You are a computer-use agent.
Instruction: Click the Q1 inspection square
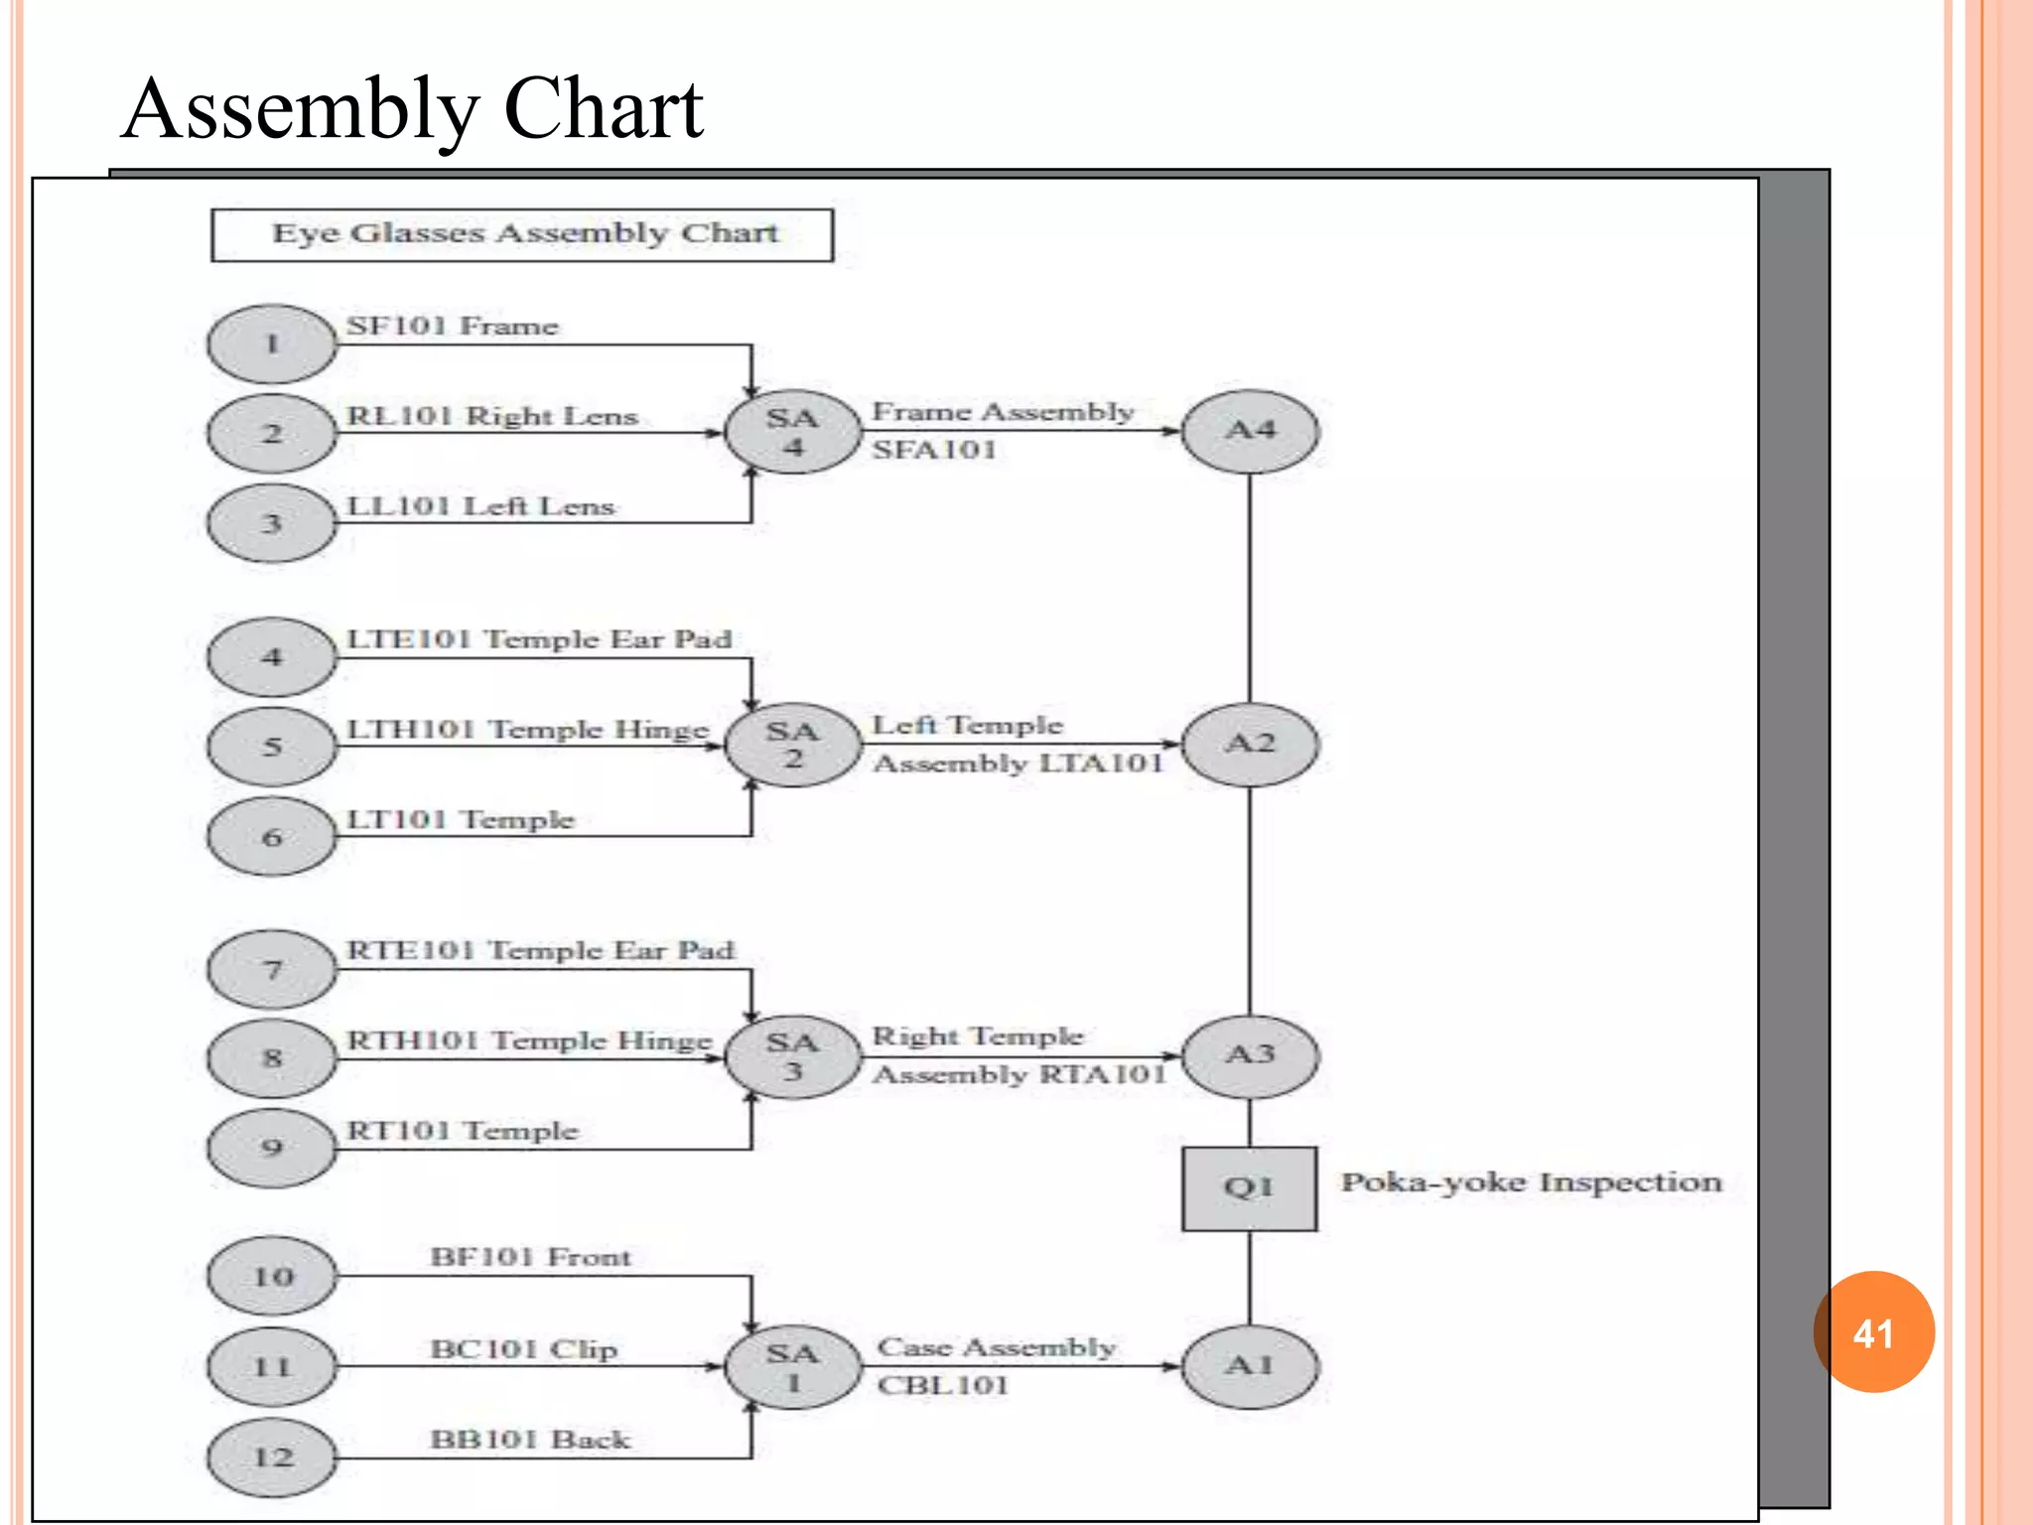coord(1249,1187)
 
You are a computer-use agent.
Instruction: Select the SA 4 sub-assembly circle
coord(792,432)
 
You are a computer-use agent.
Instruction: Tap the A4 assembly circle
coord(1250,431)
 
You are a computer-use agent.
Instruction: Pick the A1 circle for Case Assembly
coord(1250,1366)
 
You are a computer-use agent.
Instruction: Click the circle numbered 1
coord(272,344)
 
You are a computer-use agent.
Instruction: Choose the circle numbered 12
coord(272,1457)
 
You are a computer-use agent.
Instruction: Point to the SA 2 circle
coord(792,745)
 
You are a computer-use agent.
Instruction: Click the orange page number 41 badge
coord(1873,1332)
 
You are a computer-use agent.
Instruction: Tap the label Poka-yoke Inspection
coord(1531,1181)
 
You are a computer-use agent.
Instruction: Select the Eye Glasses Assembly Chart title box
coord(522,234)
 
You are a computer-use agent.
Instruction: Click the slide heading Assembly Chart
coord(412,108)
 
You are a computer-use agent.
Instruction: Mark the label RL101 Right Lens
coord(491,415)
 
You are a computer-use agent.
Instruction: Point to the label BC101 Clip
coord(523,1348)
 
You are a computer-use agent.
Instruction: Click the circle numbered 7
coord(272,969)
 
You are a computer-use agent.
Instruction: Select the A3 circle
coord(1250,1055)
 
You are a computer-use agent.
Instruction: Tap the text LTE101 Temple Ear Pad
coord(539,638)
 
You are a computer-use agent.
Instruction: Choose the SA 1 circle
coord(792,1367)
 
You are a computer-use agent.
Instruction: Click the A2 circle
coord(1250,744)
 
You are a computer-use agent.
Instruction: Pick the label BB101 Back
coord(529,1439)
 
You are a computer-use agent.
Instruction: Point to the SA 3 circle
coord(792,1056)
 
